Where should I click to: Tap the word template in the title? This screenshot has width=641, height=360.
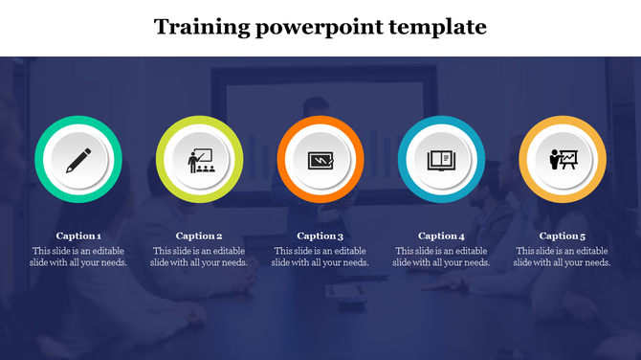tap(439, 27)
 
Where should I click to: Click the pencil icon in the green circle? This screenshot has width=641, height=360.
tap(78, 160)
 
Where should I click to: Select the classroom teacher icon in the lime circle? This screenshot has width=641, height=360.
tap(200, 160)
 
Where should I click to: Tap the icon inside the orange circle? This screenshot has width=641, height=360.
tap(320, 160)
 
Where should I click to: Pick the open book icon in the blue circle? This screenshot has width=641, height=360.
tap(441, 160)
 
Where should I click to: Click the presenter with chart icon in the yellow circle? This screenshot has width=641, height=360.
tap(563, 160)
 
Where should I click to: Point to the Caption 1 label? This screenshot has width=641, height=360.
tap(78, 236)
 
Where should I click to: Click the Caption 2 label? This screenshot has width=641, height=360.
tap(200, 236)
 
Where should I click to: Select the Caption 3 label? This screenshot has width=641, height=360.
tap(320, 236)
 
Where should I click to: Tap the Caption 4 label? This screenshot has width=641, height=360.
tap(441, 236)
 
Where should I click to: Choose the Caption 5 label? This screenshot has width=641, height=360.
tap(563, 236)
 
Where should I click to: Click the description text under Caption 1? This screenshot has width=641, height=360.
tap(78, 257)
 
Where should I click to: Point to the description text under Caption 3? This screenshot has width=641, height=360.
tap(320, 257)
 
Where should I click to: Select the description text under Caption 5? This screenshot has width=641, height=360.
tap(563, 257)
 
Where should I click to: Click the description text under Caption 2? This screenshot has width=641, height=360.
tap(200, 257)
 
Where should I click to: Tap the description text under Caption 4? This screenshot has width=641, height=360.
tap(441, 257)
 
